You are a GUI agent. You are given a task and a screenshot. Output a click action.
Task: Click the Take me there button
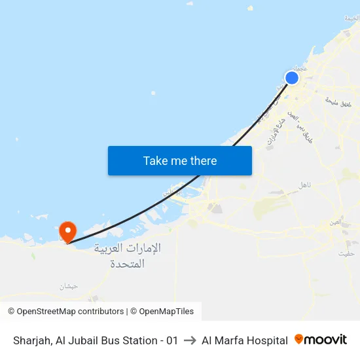(180, 160)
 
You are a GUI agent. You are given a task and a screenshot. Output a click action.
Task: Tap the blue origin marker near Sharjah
(292, 78)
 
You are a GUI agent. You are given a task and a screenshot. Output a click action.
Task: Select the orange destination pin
(67, 232)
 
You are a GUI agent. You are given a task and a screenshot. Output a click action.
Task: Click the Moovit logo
(321, 340)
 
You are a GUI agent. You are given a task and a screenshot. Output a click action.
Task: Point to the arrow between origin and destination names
(190, 340)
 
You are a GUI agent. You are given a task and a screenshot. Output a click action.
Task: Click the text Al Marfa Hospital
(245, 340)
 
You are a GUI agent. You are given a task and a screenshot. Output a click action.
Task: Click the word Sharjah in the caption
(31, 340)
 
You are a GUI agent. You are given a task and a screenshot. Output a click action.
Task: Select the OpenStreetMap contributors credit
(70, 312)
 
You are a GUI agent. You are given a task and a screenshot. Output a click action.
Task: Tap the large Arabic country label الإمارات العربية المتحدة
(128, 256)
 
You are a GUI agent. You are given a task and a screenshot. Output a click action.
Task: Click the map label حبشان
(67, 286)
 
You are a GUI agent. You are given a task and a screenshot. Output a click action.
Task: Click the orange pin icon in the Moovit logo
(299, 339)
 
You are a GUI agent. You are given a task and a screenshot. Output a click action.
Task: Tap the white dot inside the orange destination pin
(67, 229)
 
